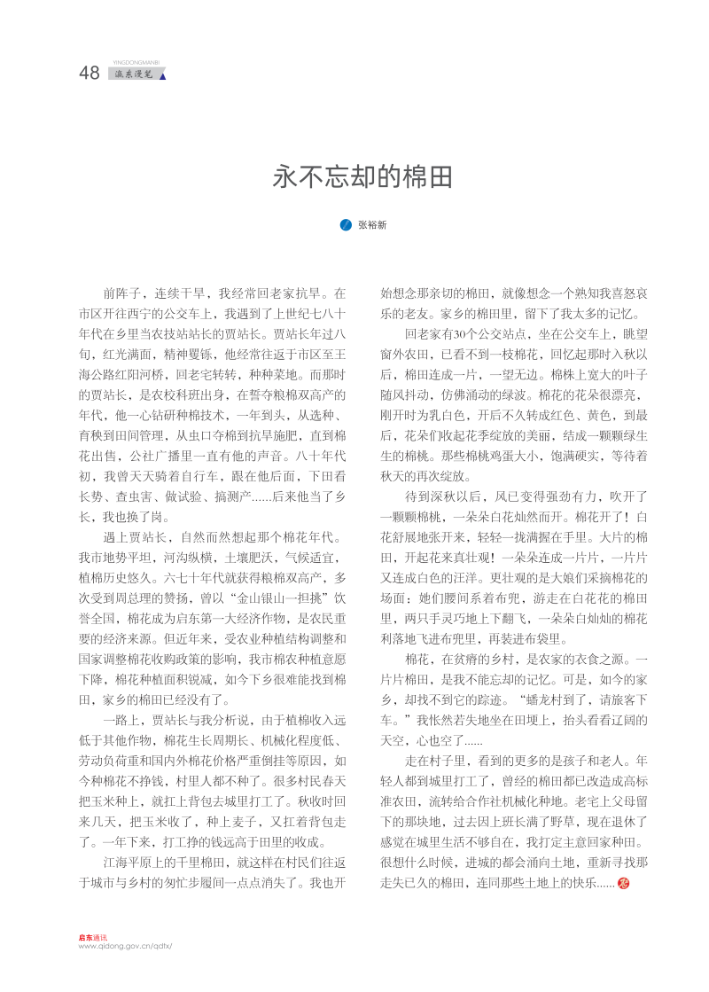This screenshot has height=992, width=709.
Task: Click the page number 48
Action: click(90, 74)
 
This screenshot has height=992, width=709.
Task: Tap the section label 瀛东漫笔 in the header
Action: click(133, 74)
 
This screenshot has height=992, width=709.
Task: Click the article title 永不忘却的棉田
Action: click(362, 177)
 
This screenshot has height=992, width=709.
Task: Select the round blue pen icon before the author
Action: click(347, 225)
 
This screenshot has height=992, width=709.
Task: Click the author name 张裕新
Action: click(372, 225)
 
